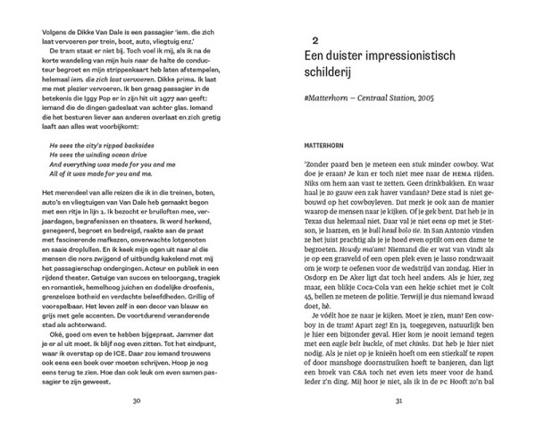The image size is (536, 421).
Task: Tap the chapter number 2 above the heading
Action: point(314,40)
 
